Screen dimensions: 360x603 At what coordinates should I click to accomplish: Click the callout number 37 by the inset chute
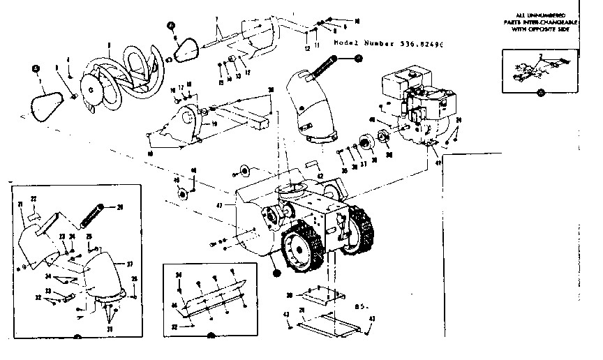click(x=129, y=264)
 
